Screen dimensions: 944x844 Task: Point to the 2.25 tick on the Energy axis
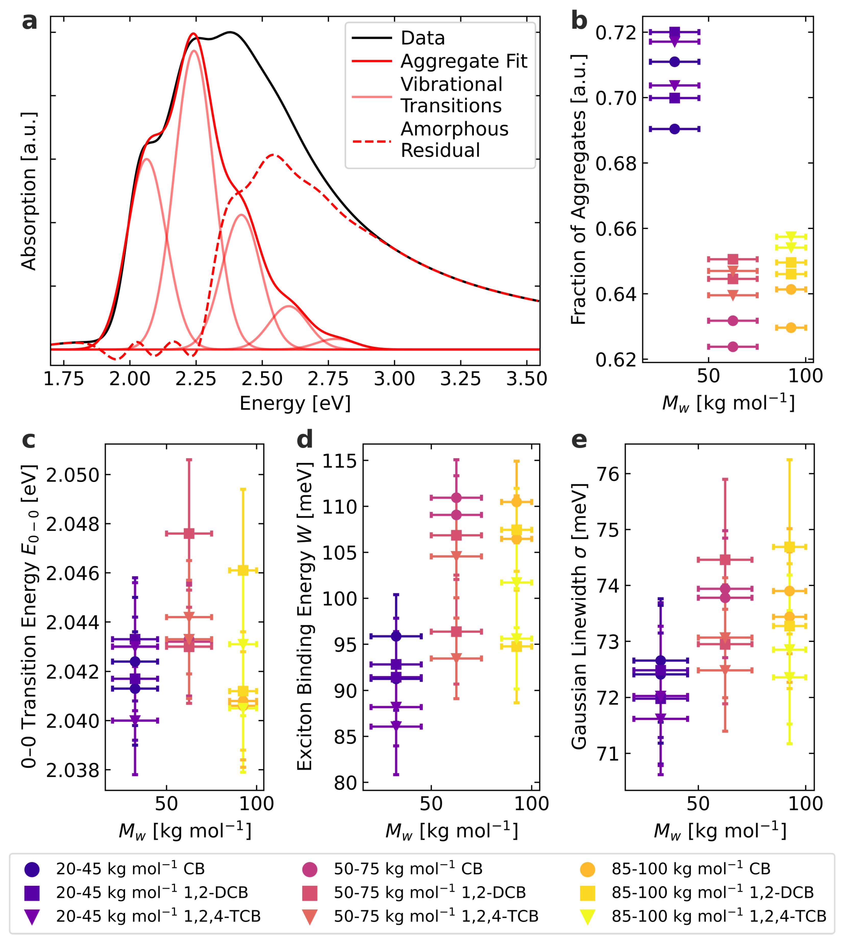pyautogui.click(x=196, y=379)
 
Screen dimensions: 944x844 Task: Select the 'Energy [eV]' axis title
pyautogui.click(x=295, y=403)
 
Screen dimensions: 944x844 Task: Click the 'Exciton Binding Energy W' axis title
pyautogui.click(x=305, y=616)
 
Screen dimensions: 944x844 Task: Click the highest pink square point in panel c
pyautogui.click(x=189, y=534)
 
